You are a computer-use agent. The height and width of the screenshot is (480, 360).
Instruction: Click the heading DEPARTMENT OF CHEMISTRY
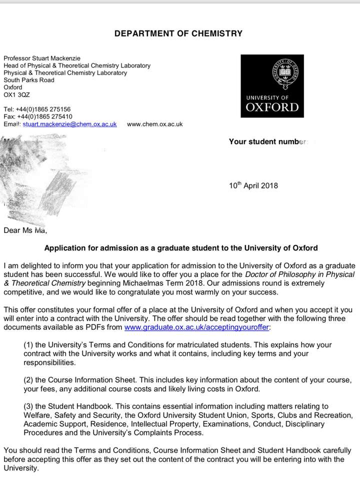point(178,33)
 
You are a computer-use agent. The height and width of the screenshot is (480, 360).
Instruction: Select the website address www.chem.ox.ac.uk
point(154,124)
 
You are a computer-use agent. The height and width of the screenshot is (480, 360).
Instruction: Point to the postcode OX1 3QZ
point(16,94)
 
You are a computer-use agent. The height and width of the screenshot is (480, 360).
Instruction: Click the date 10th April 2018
point(253,185)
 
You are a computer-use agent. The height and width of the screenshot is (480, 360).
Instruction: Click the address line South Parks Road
point(29,80)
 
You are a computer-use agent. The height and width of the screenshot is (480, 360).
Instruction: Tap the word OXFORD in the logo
point(272,107)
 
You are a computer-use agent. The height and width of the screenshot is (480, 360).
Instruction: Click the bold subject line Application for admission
point(181,248)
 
